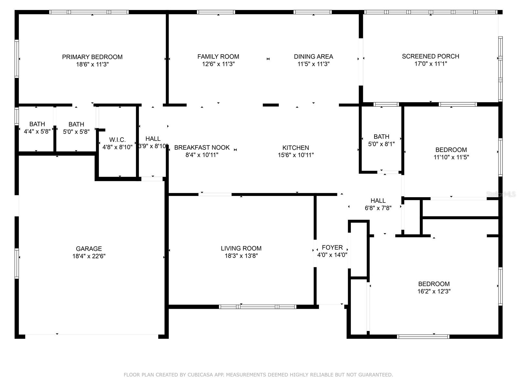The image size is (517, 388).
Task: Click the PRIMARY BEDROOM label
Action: pyautogui.click(x=92, y=57)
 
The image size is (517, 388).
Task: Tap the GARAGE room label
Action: pyautogui.click(x=89, y=249)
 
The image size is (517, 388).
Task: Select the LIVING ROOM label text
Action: pyautogui.click(x=241, y=248)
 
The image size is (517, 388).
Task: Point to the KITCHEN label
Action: pyautogui.click(x=296, y=148)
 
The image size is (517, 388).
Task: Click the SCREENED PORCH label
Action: pyautogui.click(x=430, y=57)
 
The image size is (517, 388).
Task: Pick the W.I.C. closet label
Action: pyautogui.click(x=117, y=140)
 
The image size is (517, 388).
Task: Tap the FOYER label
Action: pyautogui.click(x=332, y=248)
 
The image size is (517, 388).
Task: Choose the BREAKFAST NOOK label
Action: pyautogui.click(x=202, y=147)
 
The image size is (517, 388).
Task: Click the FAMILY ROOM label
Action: pyautogui.click(x=218, y=57)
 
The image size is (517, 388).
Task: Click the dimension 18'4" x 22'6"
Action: pyautogui.click(x=89, y=256)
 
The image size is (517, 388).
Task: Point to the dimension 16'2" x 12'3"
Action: pyautogui.click(x=434, y=291)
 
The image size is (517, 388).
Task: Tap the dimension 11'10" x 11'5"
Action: pyautogui.click(x=451, y=157)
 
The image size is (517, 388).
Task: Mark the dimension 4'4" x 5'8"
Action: pyautogui.click(x=37, y=132)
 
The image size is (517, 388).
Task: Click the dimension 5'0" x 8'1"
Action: pyautogui.click(x=381, y=144)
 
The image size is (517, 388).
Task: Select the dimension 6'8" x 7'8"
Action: pyautogui.click(x=378, y=208)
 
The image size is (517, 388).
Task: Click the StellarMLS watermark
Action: pyautogui.click(x=501, y=194)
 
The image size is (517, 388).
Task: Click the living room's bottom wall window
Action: pyautogui.click(x=258, y=307)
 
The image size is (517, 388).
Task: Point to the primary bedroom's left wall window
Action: pyautogui.click(x=17, y=59)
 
